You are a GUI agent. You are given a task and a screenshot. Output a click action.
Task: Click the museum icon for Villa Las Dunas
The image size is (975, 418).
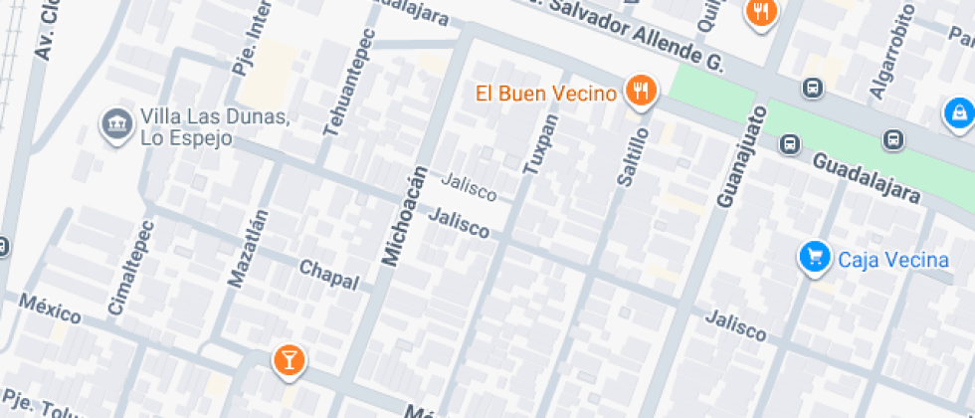click(117, 123)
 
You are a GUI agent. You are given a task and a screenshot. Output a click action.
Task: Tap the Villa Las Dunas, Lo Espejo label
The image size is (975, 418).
click(215, 128)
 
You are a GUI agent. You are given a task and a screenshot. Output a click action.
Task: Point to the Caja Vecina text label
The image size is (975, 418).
click(893, 261)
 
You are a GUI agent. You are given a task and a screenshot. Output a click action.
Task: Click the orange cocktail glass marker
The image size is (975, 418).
click(289, 360)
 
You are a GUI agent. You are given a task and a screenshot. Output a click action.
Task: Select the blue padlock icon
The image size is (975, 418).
click(958, 111)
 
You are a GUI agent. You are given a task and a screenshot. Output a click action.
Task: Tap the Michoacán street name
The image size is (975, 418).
click(404, 217)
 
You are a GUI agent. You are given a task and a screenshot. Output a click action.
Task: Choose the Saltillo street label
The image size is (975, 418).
click(631, 156)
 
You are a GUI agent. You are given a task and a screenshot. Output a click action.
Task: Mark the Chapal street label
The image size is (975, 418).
click(328, 275)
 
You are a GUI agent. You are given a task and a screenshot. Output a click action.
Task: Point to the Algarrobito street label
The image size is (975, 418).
click(890, 51)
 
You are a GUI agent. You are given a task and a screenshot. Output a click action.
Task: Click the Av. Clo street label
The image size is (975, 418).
click(45, 30)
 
